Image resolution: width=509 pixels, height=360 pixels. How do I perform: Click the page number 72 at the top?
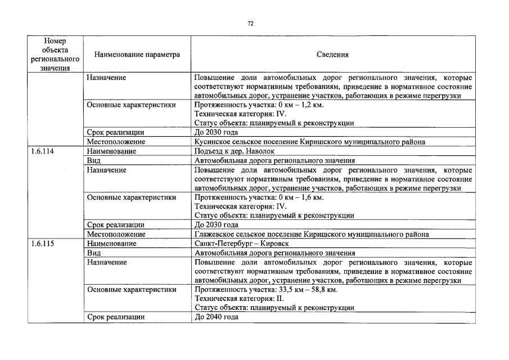point(251,24)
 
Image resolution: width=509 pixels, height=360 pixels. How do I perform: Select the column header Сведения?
point(332,55)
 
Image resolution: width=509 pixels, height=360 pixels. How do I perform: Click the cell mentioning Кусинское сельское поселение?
point(309,142)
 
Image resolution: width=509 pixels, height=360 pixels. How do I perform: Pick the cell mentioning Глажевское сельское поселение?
point(312,235)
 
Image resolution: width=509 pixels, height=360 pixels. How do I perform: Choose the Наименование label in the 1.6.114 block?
point(111,151)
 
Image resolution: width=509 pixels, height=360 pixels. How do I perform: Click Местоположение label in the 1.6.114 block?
point(116,235)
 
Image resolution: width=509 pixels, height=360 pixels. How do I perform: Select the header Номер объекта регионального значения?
point(55,55)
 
